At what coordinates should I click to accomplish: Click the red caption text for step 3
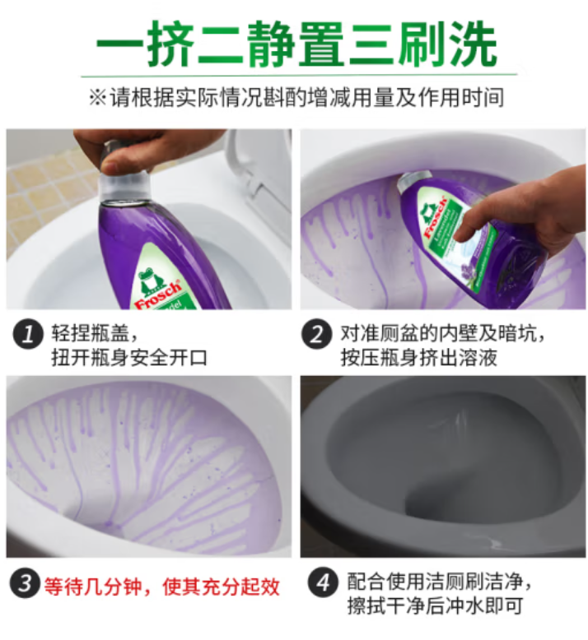point(161,586)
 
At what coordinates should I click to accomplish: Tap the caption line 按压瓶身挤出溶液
point(420,359)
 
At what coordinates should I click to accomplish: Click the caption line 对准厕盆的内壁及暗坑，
point(445,333)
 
